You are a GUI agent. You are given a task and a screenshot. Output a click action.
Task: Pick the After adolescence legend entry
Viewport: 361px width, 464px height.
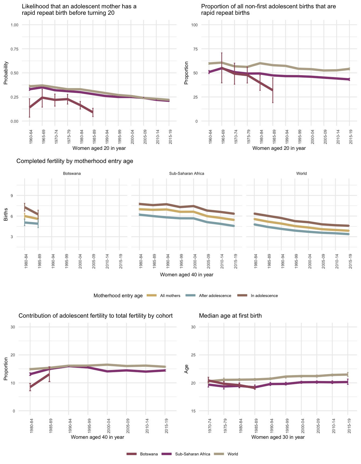(x=215, y=296)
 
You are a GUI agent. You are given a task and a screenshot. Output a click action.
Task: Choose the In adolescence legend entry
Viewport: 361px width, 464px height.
(x=264, y=296)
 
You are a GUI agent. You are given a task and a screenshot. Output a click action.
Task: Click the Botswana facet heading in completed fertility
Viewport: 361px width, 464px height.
(x=72, y=173)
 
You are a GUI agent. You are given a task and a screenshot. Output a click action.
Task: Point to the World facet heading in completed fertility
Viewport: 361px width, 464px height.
(x=301, y=173)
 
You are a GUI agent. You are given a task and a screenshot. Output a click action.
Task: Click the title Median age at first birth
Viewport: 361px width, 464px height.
(x=230, y=316)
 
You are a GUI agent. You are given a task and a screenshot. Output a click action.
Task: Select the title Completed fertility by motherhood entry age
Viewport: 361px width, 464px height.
(x=75, y=161)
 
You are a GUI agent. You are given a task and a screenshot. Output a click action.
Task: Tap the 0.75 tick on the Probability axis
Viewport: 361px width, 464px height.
(x=14, y=49)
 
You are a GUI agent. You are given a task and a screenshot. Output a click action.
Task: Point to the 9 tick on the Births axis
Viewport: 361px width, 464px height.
(x=12, y=195)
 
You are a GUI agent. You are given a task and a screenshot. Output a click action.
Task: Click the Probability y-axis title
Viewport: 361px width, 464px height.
(x=6, y=73)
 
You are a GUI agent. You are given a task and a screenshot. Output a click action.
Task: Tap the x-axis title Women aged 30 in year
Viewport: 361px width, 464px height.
(x=278, y=437)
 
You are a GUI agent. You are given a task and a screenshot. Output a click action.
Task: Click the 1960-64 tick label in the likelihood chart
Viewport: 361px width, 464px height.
(x=30, y=137)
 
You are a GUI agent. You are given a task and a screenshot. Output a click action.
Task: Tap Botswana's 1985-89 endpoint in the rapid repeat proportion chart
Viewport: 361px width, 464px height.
(x=273, y=90)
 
